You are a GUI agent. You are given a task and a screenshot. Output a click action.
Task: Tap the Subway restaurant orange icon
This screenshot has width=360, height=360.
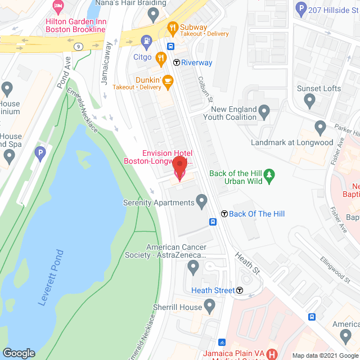(x=172, y=26)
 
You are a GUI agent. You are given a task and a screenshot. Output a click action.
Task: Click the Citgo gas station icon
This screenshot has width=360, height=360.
(x=146, y=40)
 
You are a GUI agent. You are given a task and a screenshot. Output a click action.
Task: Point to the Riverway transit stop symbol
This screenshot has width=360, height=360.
(x=177, y=62)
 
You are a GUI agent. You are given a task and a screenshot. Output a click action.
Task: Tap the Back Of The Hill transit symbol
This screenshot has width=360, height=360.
(x=224, y=214)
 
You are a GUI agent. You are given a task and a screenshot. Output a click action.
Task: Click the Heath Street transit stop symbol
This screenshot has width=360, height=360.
(x=240, y=290)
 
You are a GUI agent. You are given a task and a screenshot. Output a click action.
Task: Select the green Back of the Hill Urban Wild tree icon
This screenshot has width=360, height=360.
(x=269, y=177)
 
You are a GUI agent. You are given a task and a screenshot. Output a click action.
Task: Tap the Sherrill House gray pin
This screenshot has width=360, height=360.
(x=210, y=307)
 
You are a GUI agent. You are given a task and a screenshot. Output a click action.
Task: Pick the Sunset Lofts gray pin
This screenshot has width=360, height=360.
(x=309, y=101)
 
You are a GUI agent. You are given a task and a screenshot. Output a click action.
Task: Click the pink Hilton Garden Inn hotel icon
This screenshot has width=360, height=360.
(x=57, y=7)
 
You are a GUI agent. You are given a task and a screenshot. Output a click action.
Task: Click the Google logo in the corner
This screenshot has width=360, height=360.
(x=19, y=353)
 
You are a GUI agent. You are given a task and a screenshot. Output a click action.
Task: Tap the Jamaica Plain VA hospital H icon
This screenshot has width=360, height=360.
(x=272, y=354)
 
